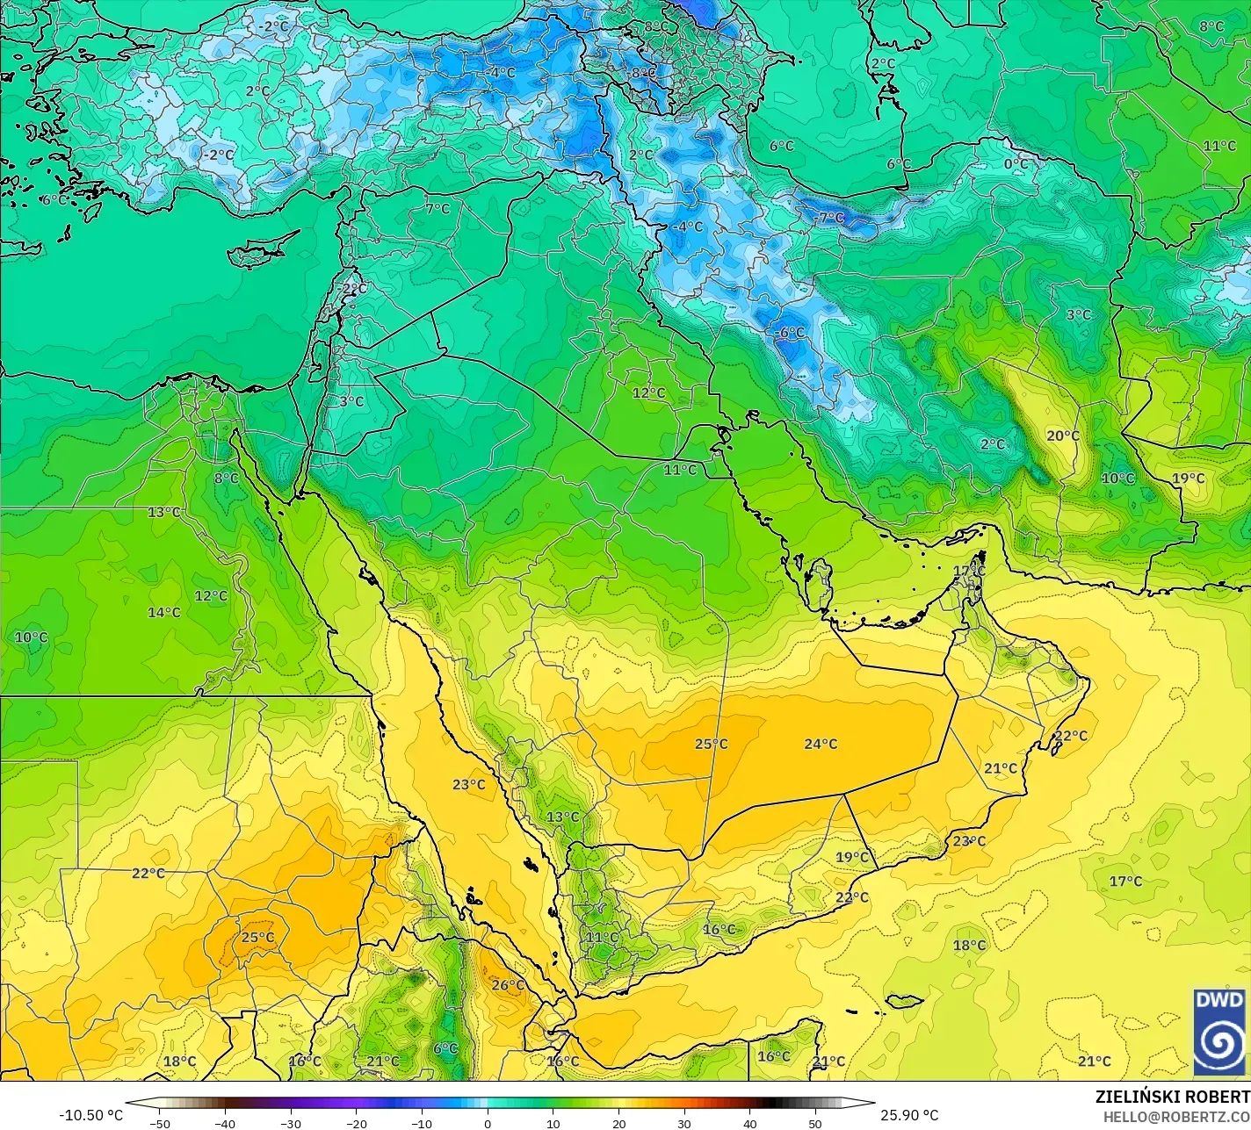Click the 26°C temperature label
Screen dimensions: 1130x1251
click(508, 985)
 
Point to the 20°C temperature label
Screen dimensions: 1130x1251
click(1062, 435)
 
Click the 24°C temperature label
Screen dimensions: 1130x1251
click(821, 744)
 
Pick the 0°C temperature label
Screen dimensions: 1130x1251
click(1016, 164)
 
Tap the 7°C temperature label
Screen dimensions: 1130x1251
click(437, 209)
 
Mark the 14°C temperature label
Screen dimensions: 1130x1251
click(164, 612)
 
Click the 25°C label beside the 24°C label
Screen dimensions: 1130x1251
click(711, 744)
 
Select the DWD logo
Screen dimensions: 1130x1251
click(1219, 1032)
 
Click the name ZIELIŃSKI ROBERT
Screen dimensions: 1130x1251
click(1172, 1097)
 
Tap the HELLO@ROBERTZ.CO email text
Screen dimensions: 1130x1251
click(1176, 1116)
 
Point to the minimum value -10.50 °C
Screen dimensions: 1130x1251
click(90, 1115)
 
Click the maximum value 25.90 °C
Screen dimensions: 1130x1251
click(910, 1115)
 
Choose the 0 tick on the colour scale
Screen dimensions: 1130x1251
click(488, 1123)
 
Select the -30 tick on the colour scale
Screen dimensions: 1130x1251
click(291, 1123)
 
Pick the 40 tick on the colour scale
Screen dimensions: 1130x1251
click(749, 1123)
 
